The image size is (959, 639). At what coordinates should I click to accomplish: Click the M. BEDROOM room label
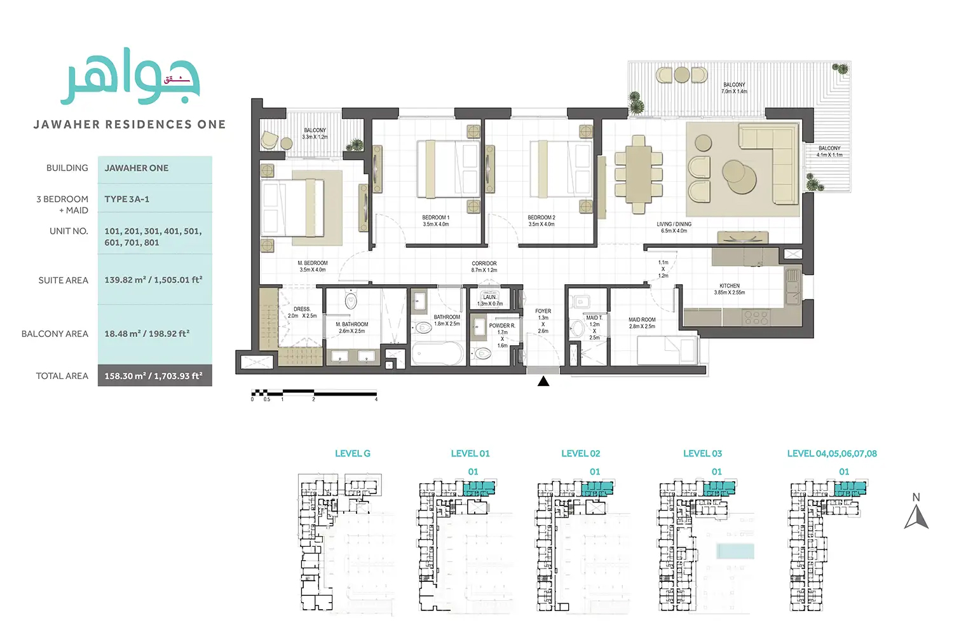313,266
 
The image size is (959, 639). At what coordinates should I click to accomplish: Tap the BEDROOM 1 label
436,221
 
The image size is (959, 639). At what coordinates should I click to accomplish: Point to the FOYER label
543,312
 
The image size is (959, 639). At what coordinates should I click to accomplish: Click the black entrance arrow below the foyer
543,381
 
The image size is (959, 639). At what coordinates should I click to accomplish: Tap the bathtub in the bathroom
438,354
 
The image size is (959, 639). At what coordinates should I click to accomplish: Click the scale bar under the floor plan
314,394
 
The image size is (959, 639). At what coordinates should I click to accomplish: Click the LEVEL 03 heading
702,453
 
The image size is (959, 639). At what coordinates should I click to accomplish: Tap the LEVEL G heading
353,453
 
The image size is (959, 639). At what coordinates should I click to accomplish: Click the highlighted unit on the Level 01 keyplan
479,488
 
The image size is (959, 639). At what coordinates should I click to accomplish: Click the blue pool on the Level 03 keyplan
735,551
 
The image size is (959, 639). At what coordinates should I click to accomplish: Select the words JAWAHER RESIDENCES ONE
130,125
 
